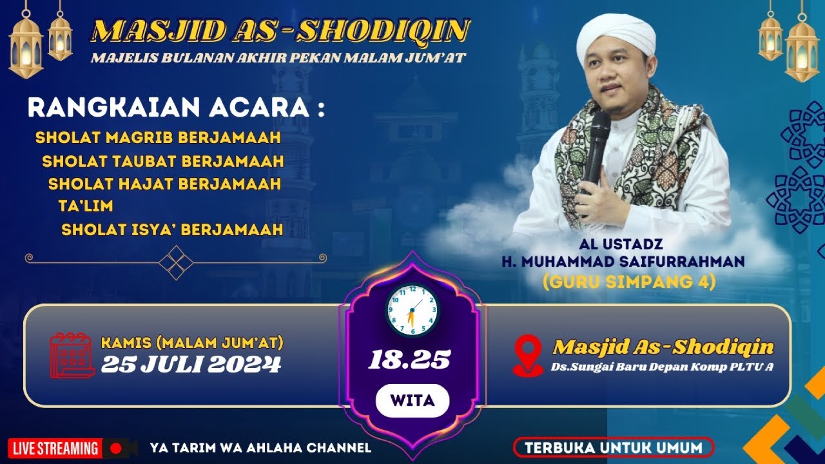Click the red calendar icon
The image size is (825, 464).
pyautogui.click(x=72, y=355)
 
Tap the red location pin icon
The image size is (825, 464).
pyautogui.click(x=528, y=355)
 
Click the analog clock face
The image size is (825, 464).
pyautogui.click(x=412, y=311)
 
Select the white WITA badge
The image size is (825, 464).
pyautogui.click(x=412, y=401)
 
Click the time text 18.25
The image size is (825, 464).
pyautogui.click(x=409, y=360)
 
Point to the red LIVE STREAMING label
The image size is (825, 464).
pyautogui.click(x=55, y=449)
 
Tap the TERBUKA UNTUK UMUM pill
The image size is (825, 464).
pyautogui.click(x=614, y=448)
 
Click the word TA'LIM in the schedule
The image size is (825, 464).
pyautogui.click(x=86, y=206)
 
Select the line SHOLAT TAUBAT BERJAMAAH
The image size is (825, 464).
pyautogui.click(x=163, y=161)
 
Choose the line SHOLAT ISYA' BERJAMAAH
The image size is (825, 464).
pyautogui.click(x=172, y=229)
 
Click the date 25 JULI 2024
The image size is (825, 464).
pyautogui.click(x=191, y=365)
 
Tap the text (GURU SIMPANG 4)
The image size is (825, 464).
pyautogui.click(x=629, y=282)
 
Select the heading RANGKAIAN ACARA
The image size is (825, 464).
pyautogui.click(x=176, y=108)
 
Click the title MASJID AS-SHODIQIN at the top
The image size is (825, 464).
pyautogui.click(x=280, y=30)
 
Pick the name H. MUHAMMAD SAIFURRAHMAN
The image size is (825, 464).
pyautogui.click(x=623, y=262)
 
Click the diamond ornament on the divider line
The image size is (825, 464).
pyautogui.click(x=176, y=262)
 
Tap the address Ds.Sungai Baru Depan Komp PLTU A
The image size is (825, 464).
pyautogui.click(x=662, y=367)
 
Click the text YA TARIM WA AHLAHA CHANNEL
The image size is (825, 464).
pyautogui.click(x=260, y=448)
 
